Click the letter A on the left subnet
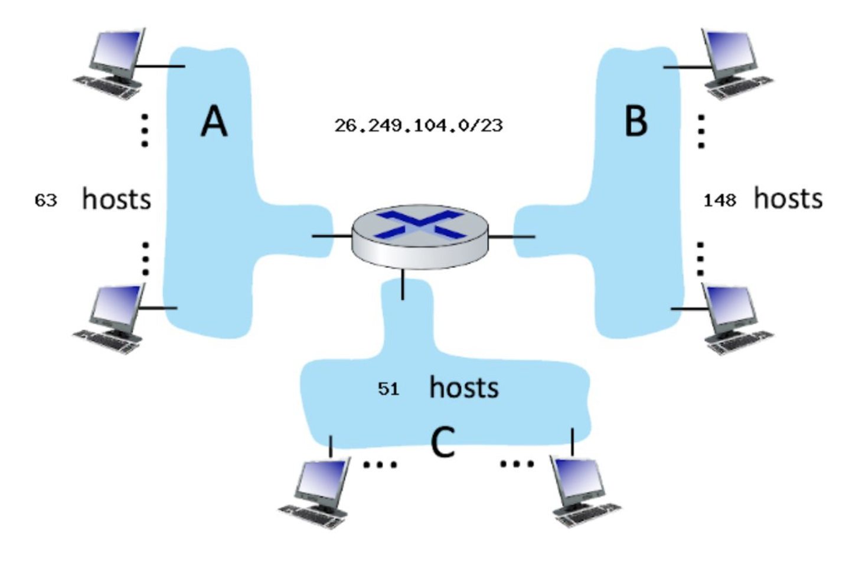tap(214, 121)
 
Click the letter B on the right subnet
tap(636, 121)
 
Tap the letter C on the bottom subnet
tap(443, 443)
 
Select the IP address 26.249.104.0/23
tap(418, 126)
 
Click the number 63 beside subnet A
tap(45, 201)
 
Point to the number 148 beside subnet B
tap(720, 201)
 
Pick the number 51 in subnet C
tap(388, 389)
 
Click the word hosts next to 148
tap(788, 199)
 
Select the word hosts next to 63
tap(116, 199)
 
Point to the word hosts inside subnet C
tap(463, 388)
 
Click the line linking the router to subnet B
tap(512, 237)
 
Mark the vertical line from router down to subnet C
tap(403, 284)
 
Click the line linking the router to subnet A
tap(331, 236)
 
